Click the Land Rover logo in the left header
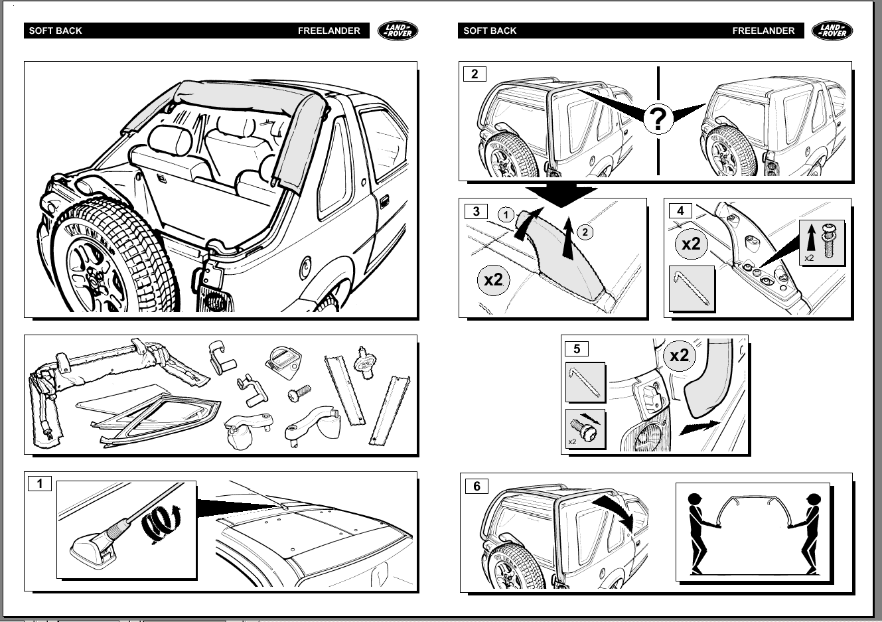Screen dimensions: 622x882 pyautogui.click(x=398, y=31)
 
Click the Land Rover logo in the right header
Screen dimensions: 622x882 pyautogui.click(x=832, y=31)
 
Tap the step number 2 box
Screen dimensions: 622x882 pyautogui.click(x=475, y=74)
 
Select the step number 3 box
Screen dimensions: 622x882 pyautogui.click(x=477, y=211)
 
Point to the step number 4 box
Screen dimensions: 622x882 pyautogui.click(x=680, y=211)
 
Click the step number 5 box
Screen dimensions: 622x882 pyautogui.click(x=576, y=349)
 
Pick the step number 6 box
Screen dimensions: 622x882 pyautogui.click(x=477, y=486)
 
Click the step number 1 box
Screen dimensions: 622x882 pyautogui.click(x=40, y=483)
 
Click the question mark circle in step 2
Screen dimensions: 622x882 pyautogui.click(x=658, y=119)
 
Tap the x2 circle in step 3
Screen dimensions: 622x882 pyautogui.click(x=494, y=279)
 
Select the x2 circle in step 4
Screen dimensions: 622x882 pyautogui.click(x=692, y=244)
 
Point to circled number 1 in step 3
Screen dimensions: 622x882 pyautogui.click(x=506, y=214)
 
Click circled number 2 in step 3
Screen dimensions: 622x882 pyautogui.click(x=585, y=232)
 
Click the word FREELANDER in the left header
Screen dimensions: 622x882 pyautogui.click(x=329, y=31)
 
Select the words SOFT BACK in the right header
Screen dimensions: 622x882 pyautogui.click(x=490, y=31)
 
